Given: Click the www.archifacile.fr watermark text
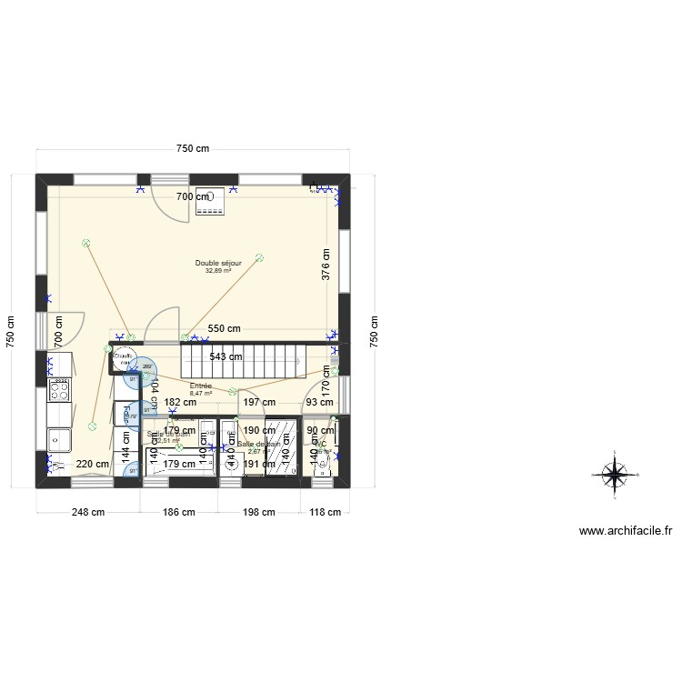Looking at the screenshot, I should (625, 532).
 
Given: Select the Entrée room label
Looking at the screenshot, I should (201, 386).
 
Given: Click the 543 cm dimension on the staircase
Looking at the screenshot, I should (225, 356).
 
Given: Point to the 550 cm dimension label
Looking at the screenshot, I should (225, 328).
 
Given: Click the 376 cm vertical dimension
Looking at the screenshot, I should (326, 265).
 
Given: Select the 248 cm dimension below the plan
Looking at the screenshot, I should (88, 512).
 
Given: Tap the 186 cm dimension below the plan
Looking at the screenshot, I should (179, 512).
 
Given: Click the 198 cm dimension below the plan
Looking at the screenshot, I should (258, 512).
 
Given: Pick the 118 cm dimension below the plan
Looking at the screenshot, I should (326, 512).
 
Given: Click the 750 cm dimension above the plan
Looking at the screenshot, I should (192, 149).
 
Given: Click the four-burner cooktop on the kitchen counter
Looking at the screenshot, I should (59, 391).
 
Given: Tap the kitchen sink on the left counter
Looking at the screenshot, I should (59, 440).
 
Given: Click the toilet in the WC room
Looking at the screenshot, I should (327, 464).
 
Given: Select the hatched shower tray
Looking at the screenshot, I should (282, 446).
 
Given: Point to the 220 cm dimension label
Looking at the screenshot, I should (92, 464).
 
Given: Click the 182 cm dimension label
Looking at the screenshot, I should (180, 402).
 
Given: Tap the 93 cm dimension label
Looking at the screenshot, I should (319, 402).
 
